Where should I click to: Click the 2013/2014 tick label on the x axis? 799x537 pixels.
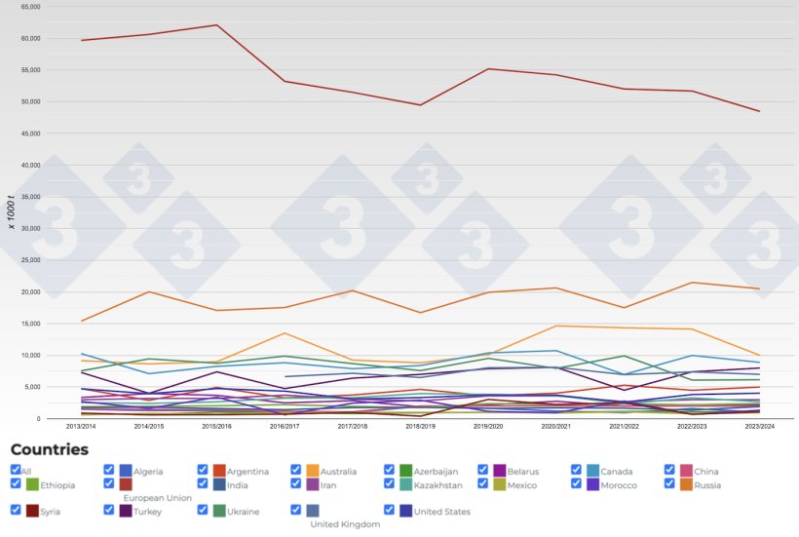[82, 426]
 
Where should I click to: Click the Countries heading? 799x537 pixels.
[49, 449]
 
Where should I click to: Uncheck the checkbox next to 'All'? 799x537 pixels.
[15, 470]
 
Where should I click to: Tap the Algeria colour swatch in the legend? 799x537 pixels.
[126, 471]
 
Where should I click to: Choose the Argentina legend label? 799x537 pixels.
[247, 472]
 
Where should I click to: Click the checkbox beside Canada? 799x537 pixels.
[576, 470]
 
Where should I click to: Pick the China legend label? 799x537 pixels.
[706, 472]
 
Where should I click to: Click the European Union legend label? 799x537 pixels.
[158, 498]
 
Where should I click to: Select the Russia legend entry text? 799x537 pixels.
[707, 484]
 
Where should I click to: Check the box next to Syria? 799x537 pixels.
[15, 510]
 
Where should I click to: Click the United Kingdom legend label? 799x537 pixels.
[345, 524]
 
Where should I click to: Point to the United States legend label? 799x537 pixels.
[442, 512]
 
